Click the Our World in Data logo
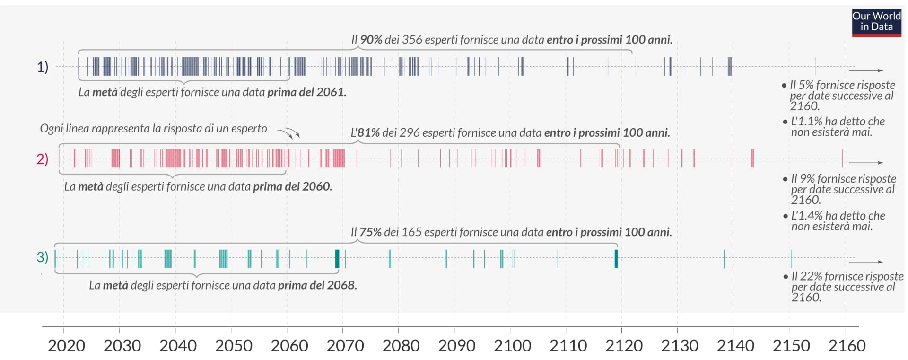pos(876,22)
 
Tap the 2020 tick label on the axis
pos(66,346)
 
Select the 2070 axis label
pos(345,346)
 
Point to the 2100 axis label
pos(513,346)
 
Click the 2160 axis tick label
pos(847,346)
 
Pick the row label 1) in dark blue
pos(43,67)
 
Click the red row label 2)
pos(43,159)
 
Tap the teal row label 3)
pos(43,257)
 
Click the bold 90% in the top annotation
pos(371,40)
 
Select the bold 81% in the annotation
pos(368,133)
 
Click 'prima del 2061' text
pos(306,92)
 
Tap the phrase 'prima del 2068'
pos(317,285)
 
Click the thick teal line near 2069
pos(337,259)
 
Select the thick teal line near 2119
pos(616,259)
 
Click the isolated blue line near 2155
pos(815,66)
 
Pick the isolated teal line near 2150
pos(791,259)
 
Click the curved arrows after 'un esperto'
pos(288,133)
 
